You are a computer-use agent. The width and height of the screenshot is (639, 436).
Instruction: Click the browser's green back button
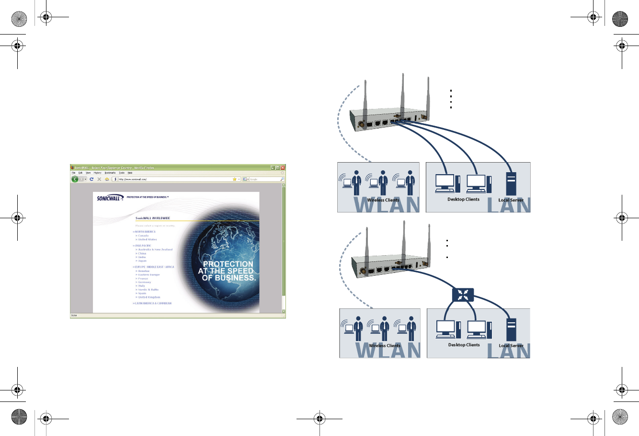[x=75, y=179]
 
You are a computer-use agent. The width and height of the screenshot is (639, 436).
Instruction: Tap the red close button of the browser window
[x=283, y=168]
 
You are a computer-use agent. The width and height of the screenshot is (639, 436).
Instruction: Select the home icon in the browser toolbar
[x=107, y=179]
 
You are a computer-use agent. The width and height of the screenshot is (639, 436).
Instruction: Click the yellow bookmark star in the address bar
[x=235, y=179]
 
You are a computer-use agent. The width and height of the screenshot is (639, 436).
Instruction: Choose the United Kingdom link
[x=149, y=297]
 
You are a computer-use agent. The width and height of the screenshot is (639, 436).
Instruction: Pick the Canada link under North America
[x=143, y=236]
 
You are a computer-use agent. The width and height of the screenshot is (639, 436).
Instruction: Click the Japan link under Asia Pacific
[x=142, y=261]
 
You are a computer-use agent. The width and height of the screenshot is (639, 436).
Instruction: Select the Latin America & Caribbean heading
[x=152, y=303]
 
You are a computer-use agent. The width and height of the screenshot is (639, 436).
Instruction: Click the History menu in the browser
[x=97, y=173]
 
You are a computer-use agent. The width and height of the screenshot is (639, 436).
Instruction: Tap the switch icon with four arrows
[x=462, y=295]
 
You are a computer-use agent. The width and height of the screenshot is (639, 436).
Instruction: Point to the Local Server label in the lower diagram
[x=511, y=345]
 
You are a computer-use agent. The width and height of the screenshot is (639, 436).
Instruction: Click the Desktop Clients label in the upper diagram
[x=463, y=199]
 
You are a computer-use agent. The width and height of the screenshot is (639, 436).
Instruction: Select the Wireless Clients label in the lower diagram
[x=385, y=345]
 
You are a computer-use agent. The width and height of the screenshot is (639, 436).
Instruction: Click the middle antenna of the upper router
[x=403, y=96]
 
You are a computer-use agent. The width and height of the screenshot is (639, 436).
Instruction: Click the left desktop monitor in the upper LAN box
[x=445, y=181]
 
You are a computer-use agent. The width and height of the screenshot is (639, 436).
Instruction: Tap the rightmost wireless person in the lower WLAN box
[x=410, y=326]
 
